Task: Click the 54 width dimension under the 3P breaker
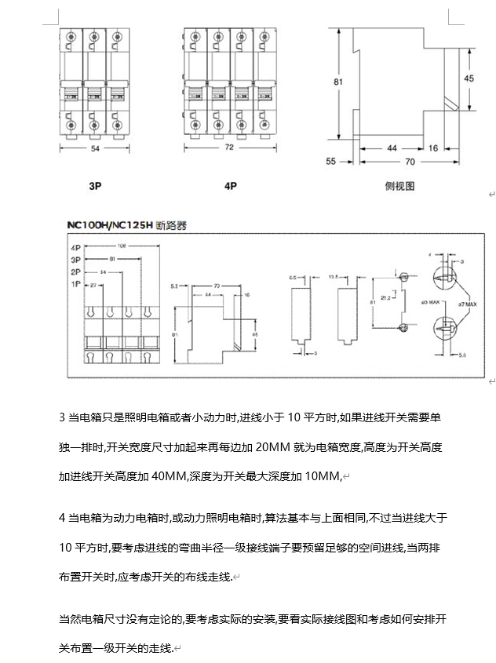pyautogui.click(x=95, y=148)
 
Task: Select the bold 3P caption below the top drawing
pyautogui.click(x=94, y=187)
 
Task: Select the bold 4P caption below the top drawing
pyautogui.click(x=230, y=187)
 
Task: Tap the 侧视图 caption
pyautogui.click(x=399, y=186)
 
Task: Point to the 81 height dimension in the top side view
pyautogui.click(x=337, y=82)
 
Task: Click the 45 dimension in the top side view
pyautogui.click(x=469, y=78)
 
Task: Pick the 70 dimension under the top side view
pyautogui.click(x=410, y=162)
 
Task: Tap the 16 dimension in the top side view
pyautogui.click(x=433, y=148)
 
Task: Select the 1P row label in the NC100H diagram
pyautogui.click(x=76, y=283)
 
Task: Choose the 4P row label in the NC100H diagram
pyautogui.click(x=76, y=246)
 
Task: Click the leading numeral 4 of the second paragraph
pyautogui.click(x=62, y=518)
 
